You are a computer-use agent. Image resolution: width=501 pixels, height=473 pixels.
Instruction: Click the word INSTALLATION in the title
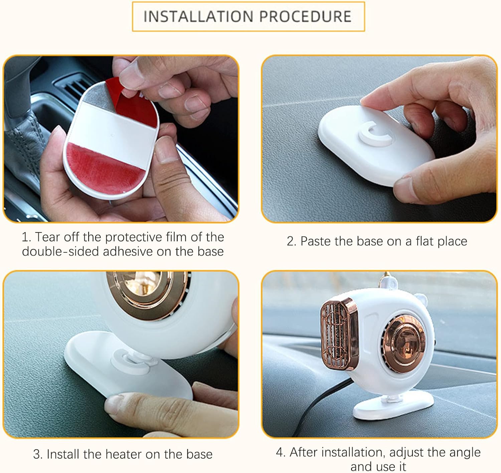point(198,17)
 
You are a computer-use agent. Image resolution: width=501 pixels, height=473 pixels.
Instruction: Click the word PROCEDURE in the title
point(305,17)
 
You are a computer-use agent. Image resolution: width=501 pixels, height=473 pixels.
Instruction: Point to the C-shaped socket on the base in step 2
point(376,133)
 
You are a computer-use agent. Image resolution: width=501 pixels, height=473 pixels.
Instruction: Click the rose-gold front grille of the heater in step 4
point(339,334)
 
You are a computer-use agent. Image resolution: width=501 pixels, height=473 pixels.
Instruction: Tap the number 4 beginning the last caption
point(280,452)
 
